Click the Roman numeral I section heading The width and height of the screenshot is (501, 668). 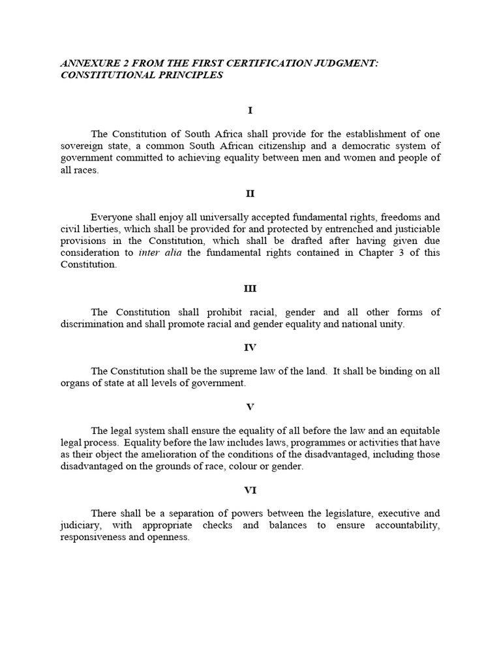[x=250, y=111]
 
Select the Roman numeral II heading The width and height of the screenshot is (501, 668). [x=250, y=194]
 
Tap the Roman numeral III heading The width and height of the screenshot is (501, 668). [x=250, y=288]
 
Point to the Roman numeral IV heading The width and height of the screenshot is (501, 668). [x=250, y=348]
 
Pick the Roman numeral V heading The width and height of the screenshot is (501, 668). [x=250, y=407]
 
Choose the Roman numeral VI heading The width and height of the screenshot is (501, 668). [x=250, y=489]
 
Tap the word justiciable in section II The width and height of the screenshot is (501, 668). [x=415, y=229]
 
